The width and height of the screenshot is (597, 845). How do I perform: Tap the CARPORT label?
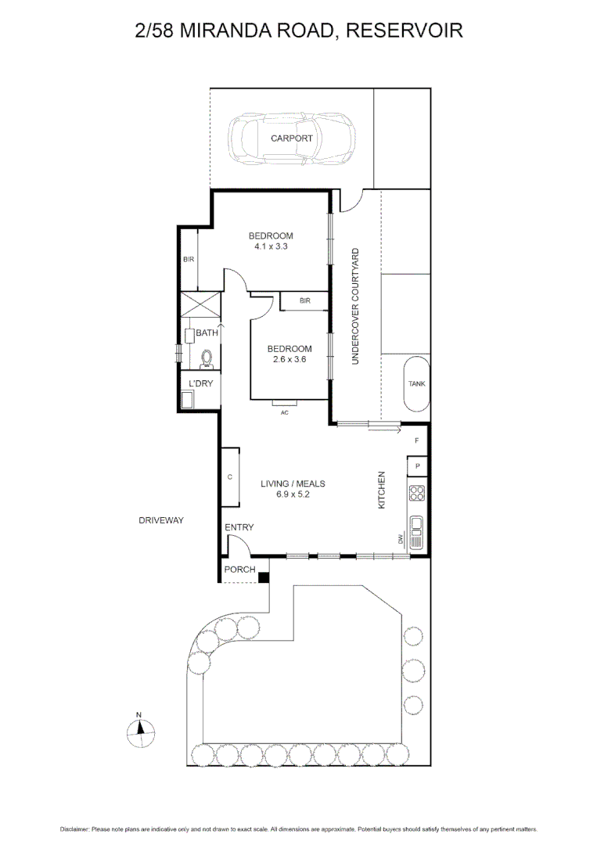pyautogui.click(x=291, y=138)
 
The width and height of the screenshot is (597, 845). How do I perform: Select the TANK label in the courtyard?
pyautogui.click(x=416, y=383)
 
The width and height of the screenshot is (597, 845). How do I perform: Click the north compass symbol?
pyautogui.click(x=138, y=732)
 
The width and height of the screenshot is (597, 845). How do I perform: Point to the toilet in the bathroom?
pyautogui.click(x=207, y=358)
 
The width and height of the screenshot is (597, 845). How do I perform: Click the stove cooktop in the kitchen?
pyautogui.click(x=417, y=493)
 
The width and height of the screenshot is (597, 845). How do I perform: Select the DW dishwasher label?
pyautogui.click(x=399, y=540)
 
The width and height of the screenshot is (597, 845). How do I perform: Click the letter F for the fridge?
pyautogui.click(x=417, y=441)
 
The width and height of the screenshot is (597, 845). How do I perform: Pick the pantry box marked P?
pyautogui.click(x=418, y=466)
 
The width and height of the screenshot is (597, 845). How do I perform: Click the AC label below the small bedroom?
pyautogui.click(x=285, y=412)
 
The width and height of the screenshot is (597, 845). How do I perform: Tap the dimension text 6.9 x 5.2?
pyautogui.click(x=292, y=494)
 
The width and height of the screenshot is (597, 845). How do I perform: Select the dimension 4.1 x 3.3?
pyautogui.click(x=271, y=246)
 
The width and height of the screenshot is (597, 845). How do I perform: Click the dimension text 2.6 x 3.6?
pyautogui.click(x=289, y=360)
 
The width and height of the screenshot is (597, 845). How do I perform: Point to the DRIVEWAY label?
pyautogui.click(x=160, y=520)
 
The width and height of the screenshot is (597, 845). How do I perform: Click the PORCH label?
pyautogui.click(x=239, y=569)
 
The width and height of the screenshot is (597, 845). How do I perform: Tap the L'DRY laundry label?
pyautogui.click(x=200, y=383)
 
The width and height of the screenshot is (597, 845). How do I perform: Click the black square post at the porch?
pyautogui.click(x=264, y=577)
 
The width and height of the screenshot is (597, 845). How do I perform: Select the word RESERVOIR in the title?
pyautogui.click(x=405, y=31)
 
